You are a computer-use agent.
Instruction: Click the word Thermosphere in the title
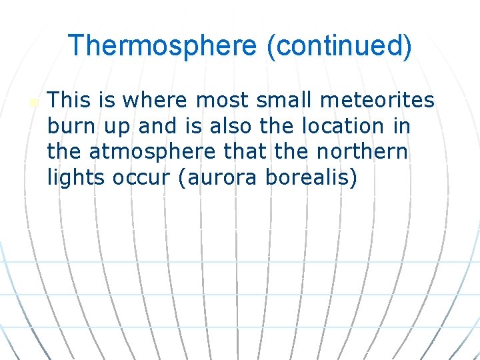click(162, 45)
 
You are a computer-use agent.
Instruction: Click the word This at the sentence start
click(69, 100)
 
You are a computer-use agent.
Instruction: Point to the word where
click(155, 100)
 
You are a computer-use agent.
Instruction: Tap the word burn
click(69, 126)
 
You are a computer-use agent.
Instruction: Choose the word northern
click(361, 152)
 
